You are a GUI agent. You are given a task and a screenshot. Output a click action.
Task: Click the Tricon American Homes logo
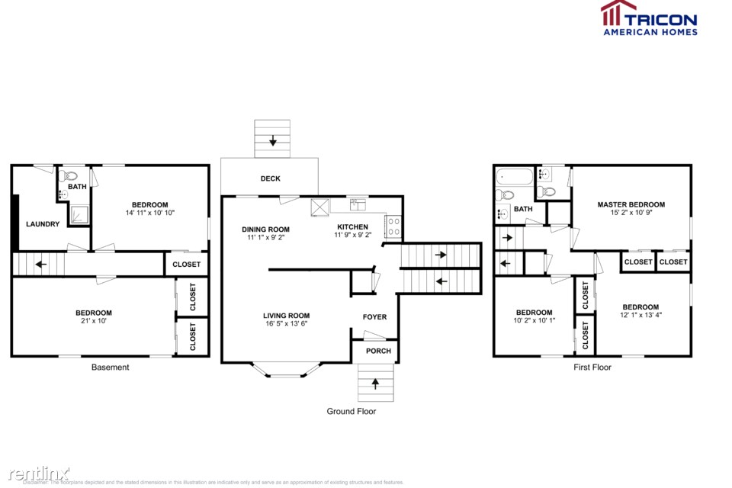click(648, 18)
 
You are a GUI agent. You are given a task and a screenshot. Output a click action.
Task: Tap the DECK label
click(270, 178)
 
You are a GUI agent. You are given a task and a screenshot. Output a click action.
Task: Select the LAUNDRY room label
click(43, 224)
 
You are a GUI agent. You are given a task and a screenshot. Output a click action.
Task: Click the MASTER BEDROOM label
click(631, 204)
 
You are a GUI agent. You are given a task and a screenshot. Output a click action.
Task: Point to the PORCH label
click(378, 351)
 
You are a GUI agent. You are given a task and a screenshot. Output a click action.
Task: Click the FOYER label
click(374, 317)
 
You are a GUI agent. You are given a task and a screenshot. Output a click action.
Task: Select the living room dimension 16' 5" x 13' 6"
click(286, 324)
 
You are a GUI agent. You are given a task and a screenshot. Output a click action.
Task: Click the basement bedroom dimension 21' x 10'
click(93, 322)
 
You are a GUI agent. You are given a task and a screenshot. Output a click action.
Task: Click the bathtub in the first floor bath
click(514, 178)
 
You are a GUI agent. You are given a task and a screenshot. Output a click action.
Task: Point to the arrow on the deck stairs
click(272, 141)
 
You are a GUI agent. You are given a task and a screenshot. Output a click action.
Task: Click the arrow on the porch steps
click(375, 384)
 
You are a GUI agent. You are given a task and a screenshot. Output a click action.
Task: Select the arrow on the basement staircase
click(39, 265)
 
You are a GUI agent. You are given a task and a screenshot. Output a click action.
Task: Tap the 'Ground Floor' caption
click(352, 412)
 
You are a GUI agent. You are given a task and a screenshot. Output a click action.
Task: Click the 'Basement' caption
click(111, 368)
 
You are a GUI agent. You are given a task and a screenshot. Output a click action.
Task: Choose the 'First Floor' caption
click(592, 368)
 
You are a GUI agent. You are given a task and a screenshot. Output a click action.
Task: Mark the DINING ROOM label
click(266, 229)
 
